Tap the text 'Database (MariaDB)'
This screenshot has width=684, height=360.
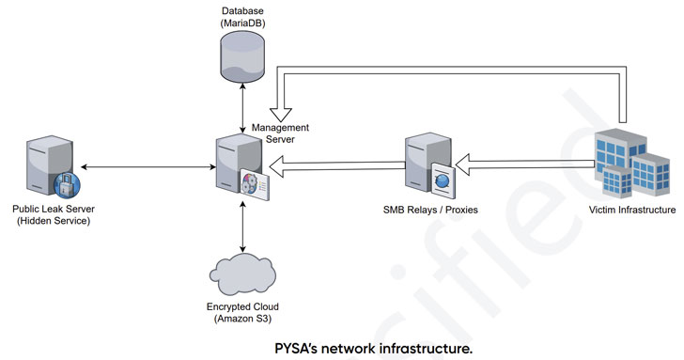coord(243,16)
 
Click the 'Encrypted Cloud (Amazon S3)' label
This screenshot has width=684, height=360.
coord(242,313)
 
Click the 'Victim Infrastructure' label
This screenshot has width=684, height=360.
coord(631,210)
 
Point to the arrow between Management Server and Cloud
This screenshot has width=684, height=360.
coord(243,225)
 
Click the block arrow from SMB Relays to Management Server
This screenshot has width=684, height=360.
coord(338,166)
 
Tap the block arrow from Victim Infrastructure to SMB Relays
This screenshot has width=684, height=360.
coord(526,166)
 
